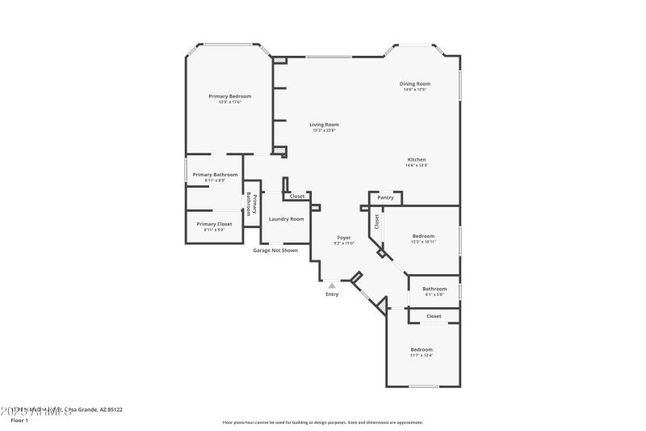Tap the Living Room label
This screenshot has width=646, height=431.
324,125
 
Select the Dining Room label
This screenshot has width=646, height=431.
415,83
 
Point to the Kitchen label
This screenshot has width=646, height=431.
416,159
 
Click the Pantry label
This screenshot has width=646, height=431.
386,197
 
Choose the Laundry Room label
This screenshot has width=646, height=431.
286,219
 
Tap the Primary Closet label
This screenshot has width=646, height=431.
214,224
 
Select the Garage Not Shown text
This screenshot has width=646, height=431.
275,251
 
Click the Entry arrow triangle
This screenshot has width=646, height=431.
332,285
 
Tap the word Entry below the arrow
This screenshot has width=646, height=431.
332,294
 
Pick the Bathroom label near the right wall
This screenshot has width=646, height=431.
434,289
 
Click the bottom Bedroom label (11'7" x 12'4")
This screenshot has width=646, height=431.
421,349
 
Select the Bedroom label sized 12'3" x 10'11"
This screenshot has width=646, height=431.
423,236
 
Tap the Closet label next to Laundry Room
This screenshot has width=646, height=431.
297,196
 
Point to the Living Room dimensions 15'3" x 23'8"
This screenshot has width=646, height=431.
324,130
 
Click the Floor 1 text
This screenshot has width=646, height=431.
19,420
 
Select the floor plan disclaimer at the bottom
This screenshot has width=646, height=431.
322,422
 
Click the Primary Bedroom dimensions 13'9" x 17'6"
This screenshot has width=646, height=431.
229,102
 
